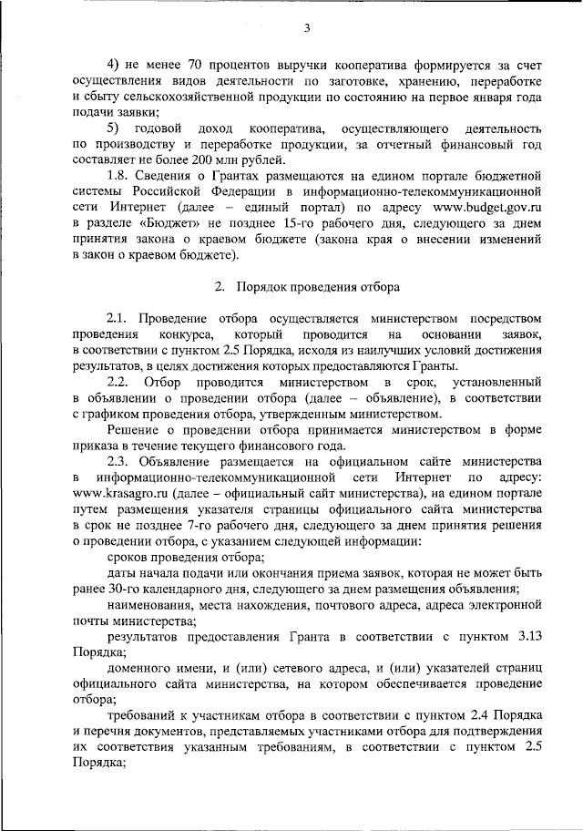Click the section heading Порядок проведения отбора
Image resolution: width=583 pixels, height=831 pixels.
[319, 287]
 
